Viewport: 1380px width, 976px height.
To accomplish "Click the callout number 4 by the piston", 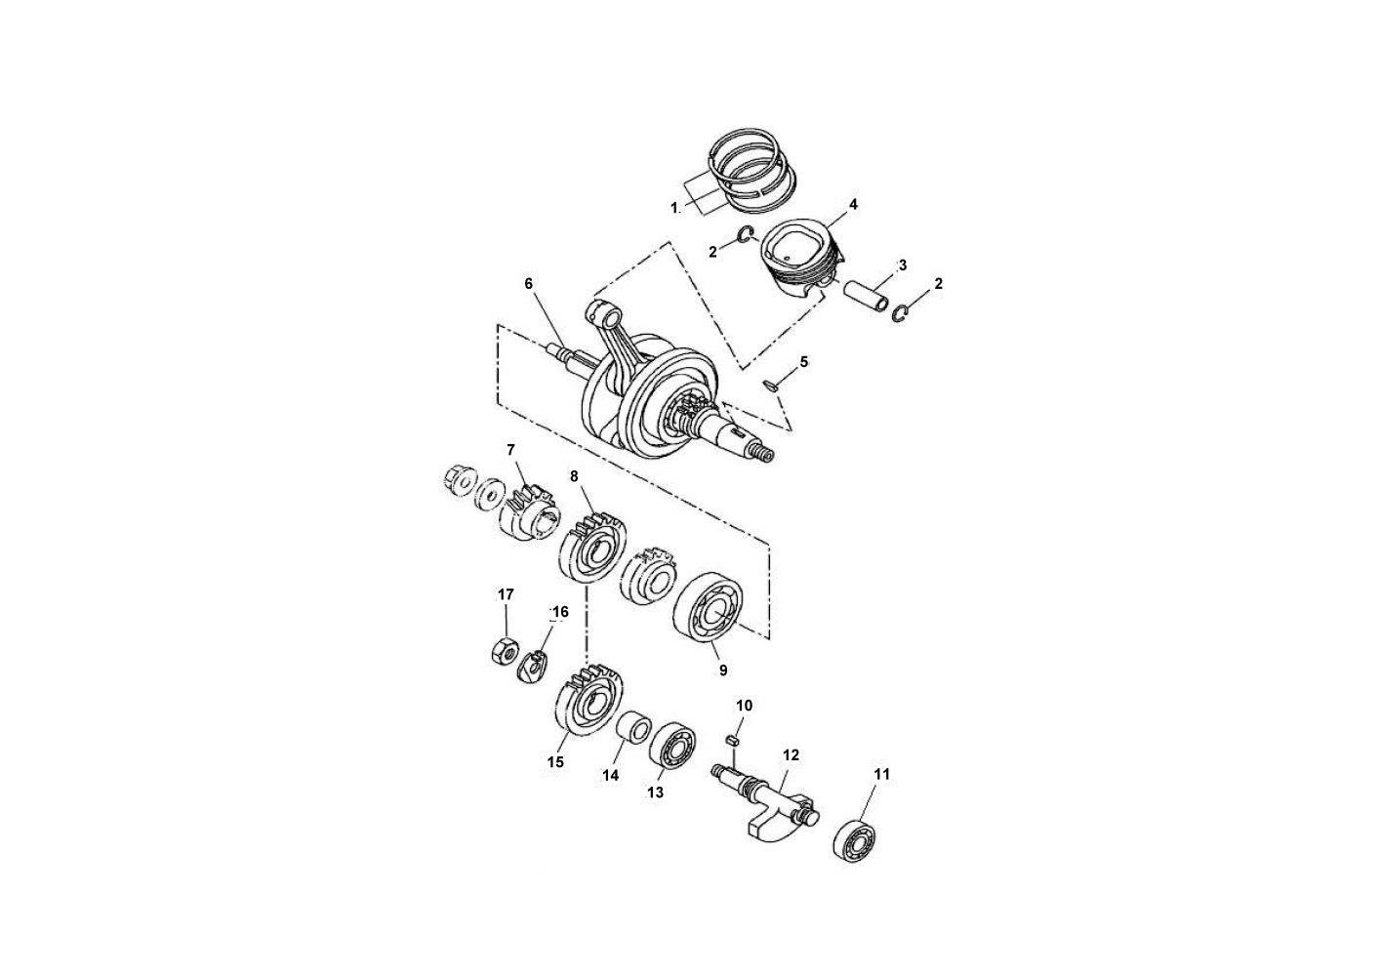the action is click(x=853, y=205).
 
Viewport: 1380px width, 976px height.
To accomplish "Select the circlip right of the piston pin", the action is click(x=901, y=314).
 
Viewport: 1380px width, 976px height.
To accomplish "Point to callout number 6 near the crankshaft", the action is click(x=528, y=283).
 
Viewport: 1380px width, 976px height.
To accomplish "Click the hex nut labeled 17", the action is click(x=504, y=652).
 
